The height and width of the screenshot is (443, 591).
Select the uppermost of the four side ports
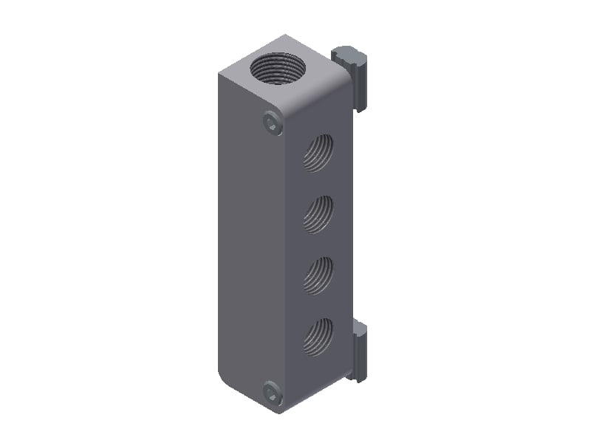[318, 153]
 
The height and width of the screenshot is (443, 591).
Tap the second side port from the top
[318, 214]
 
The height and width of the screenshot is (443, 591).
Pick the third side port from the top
[318, 275]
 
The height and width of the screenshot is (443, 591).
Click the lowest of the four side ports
[318, 335]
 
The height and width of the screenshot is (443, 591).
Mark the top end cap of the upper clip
[347, 53]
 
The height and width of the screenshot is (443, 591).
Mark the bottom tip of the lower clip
[359, 378]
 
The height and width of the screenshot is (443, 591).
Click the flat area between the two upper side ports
[318, 184]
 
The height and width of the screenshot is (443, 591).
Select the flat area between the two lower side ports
[318, 305]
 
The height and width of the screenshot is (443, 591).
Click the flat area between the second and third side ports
[318, 244]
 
